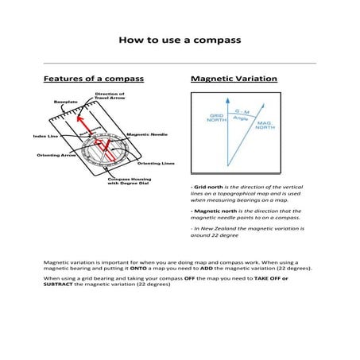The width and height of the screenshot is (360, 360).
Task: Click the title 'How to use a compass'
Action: click(x=179, y=39)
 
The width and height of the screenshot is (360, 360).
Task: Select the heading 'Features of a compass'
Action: click(x=93, y=79)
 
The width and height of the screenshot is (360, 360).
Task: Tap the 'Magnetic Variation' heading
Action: click(x=234, y=79)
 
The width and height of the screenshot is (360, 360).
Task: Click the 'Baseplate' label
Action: click(x=65, y=103)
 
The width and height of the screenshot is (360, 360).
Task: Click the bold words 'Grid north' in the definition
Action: click(x=205, y=186)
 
